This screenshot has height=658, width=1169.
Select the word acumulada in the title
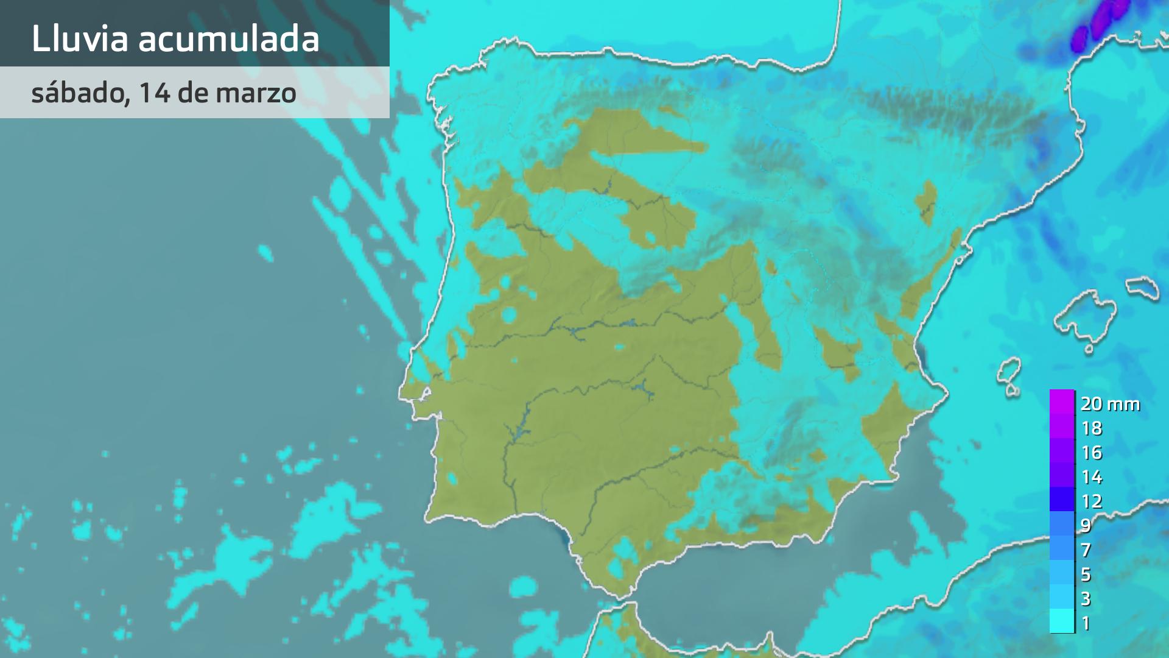(x=228, y=39)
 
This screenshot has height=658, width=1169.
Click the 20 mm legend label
(x=1110, y=403)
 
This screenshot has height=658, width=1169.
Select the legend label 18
(x=1092, y=428)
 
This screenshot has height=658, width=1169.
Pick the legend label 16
(x=1092, y=453)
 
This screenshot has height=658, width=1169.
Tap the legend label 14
(x=1092, y=477)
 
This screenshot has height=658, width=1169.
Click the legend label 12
(x=1092, y=501)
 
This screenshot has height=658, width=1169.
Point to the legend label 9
(x=1086, y=525)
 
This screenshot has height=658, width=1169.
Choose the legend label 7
(x=1086, y=550)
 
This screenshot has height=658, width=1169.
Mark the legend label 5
(x=1086, y=575)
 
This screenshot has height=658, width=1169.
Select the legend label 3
(x=1086, y=599)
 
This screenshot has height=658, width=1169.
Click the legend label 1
(x=1086, y=623)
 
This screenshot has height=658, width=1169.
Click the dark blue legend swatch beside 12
(x=1062, y=500)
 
